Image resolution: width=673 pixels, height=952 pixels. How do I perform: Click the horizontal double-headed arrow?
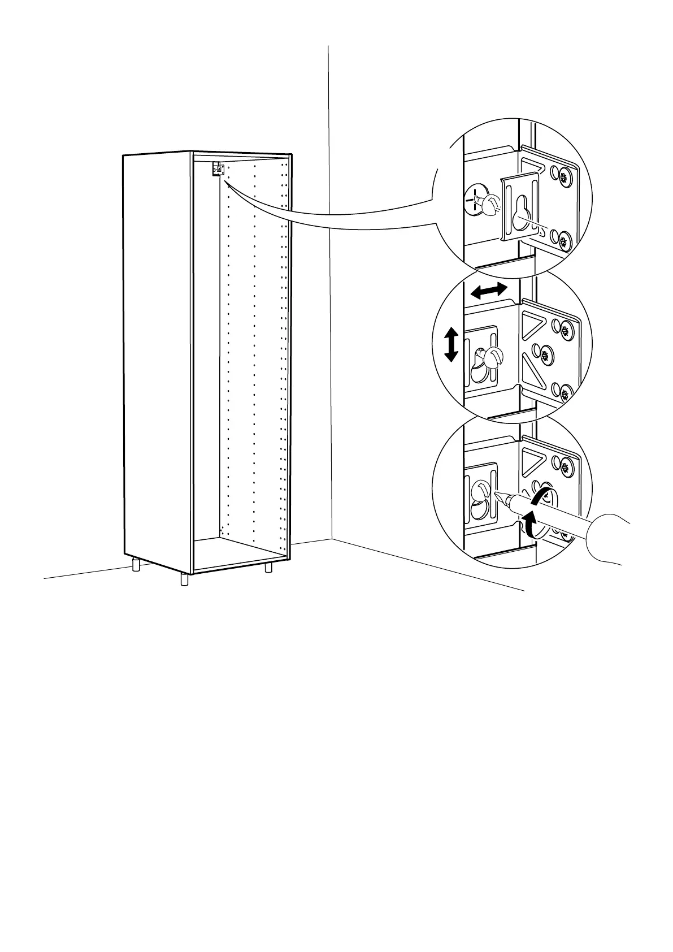pos(489,291)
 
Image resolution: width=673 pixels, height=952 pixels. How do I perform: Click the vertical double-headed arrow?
pos(450,346)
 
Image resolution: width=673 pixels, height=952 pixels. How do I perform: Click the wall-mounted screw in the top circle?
pos(480,201)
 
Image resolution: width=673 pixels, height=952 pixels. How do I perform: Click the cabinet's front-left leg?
pos(184,579)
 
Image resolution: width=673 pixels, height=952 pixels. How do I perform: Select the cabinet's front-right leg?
pos(268,566)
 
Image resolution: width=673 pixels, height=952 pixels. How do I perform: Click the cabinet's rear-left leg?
pos(136,565)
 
